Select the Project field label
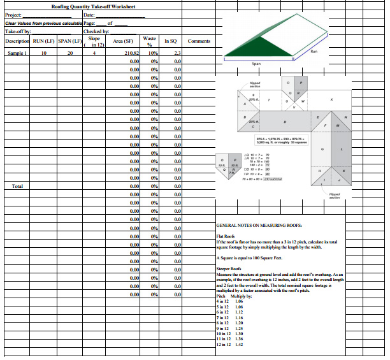[x=13, y=15]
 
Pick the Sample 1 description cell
[x=17, y=53]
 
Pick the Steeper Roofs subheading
[x=227, y=270]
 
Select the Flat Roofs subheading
[x=226, y=237]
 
